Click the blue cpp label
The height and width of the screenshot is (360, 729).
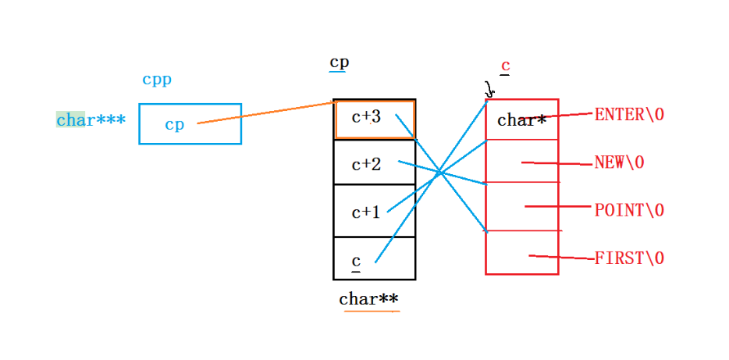point(157,80)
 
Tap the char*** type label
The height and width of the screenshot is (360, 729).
point(91,120)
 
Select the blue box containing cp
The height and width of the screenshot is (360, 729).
point(190,124)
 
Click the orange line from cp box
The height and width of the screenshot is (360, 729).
point(265,112)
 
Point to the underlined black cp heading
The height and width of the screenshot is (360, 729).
point(339,62)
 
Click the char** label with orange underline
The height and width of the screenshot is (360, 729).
point(369,299)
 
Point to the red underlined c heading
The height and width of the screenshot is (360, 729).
point(505,66)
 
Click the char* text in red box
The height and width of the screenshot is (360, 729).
point(521,121)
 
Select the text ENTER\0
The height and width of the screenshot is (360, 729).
point(629,115)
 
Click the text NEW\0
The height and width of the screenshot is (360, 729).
point(620,163)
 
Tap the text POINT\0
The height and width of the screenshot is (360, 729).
point(629,211)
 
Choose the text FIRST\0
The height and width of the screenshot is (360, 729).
point(629,258)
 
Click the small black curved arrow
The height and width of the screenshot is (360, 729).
point(489,90)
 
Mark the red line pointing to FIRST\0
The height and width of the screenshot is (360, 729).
point(561,257)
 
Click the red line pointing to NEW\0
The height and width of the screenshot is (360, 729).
point(557,164)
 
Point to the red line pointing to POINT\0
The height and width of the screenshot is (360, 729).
point(559,207)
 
